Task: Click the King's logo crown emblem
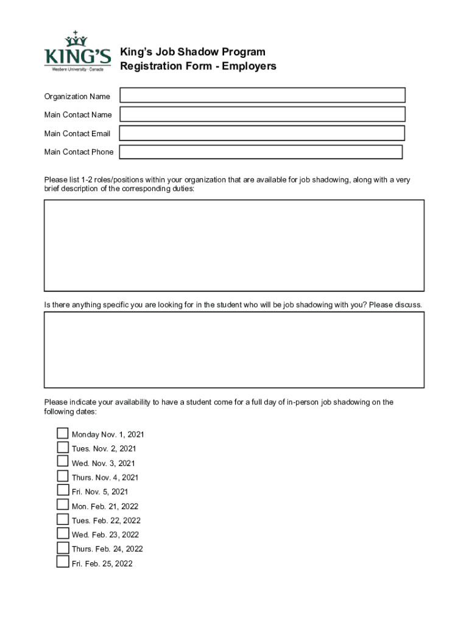click(x=76, y=39)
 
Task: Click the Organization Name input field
click(x=263, y=96)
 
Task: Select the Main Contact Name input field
click(x=263, y=114)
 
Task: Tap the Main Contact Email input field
click(x=262, y=133)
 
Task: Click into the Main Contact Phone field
click(x=261, y=152)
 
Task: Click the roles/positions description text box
click(x=234, y=245)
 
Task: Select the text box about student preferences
click(x=234, y=350)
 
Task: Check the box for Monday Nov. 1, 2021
click(x=63, y=434)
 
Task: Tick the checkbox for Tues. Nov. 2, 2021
click(x=63, y=448)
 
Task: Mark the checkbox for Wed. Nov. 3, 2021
click(x=63, y=462)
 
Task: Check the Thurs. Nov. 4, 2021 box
click(x=63, y=476)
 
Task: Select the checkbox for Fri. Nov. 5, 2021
click(x=63, y=490)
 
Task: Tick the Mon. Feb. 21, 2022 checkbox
click(x=63, y=505)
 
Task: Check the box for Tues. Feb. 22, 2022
click(x=63, y=520)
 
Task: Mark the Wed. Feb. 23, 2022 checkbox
click(x=63, y=534)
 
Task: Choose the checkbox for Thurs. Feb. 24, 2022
click(x=63, y=548)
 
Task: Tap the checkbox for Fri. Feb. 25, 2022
click(x=63, y=562)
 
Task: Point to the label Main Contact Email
click(x=77, y=134)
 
